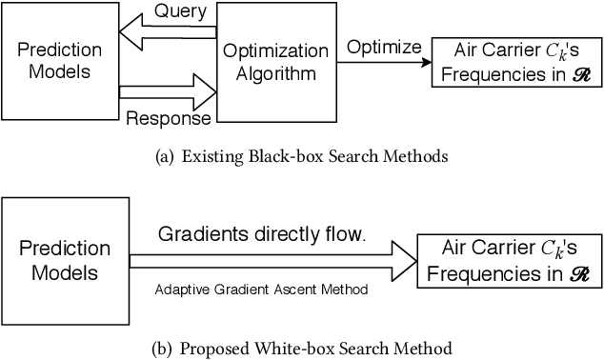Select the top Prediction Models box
click(59, 65)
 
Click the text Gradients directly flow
click(261, 234)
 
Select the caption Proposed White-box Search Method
click(302, 347)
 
